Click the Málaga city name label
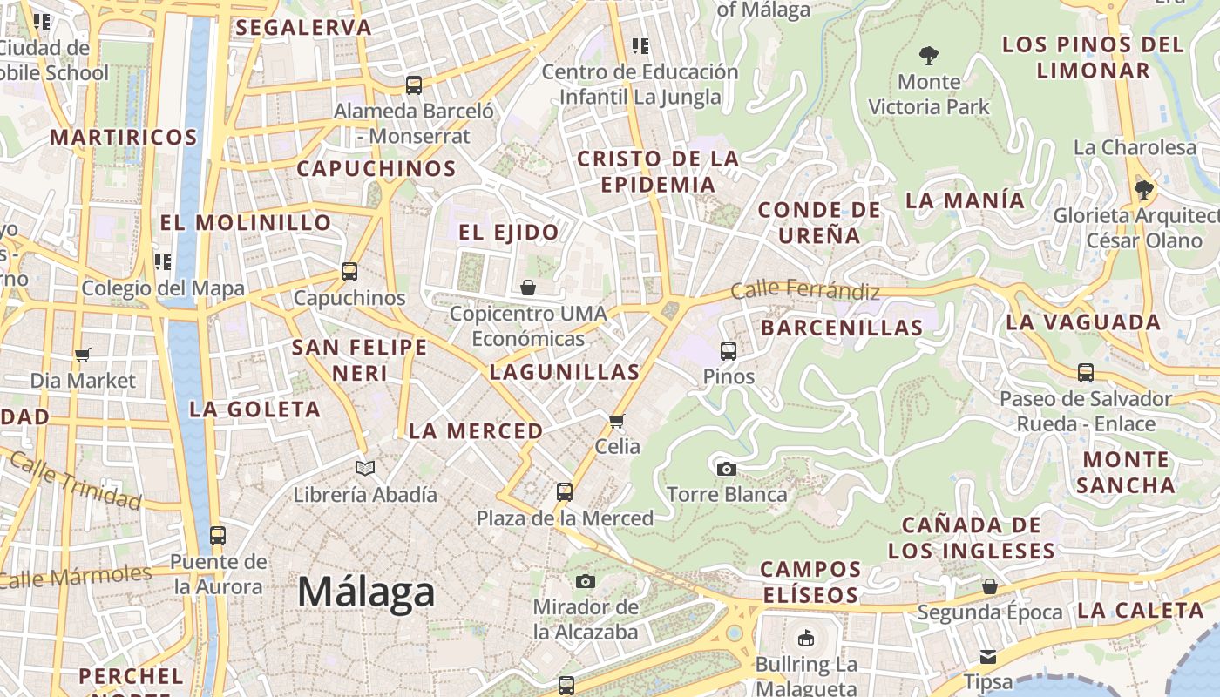point(366,592)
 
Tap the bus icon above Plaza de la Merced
point(565,492)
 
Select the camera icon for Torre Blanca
point(726,469)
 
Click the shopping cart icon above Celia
point(617,422)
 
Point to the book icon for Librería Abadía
point(365,469)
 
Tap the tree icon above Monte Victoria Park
point(929,56)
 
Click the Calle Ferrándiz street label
point(805,289)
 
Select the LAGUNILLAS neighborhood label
point(565,372)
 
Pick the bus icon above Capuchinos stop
point(349,272)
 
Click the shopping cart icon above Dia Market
point(83,355)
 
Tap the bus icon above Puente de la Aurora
point(218,536)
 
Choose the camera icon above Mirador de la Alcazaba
point(586,581)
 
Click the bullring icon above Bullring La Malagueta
point(806,639)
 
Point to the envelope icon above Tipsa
point(988,656)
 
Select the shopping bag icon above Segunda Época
point(989,586)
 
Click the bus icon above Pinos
point(729,351)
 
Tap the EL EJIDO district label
point(509,233)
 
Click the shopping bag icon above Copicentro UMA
point(528,288)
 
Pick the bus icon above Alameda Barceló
point(414,85)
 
